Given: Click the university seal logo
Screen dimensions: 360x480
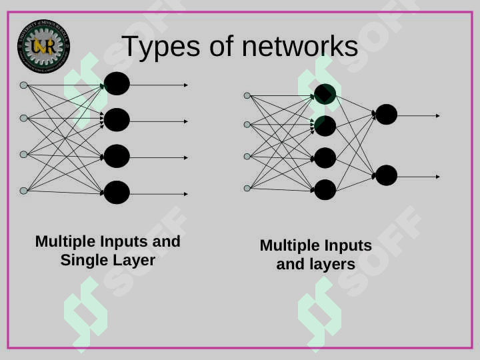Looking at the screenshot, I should (43, 46).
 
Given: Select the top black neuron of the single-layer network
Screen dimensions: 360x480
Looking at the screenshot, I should (117, 84).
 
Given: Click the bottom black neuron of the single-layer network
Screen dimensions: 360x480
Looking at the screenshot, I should (117, 193).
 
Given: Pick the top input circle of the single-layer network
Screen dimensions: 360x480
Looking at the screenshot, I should (24, 85).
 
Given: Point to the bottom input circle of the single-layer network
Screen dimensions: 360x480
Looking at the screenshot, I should (24, 191).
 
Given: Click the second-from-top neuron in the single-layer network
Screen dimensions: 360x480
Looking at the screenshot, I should (117, 120).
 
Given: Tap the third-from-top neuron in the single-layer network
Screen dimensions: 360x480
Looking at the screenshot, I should (117, 156).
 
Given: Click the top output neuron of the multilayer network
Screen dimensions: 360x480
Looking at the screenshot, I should (386, 115).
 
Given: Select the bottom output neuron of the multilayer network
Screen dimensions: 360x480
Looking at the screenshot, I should (386, 175).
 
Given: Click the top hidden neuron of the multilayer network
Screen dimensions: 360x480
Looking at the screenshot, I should (325, 94).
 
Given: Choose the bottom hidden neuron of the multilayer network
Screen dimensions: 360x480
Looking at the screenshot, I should (325, 190).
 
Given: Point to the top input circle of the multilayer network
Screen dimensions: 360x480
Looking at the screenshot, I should (247, 96).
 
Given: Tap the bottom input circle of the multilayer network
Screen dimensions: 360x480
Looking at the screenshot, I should (247, 188).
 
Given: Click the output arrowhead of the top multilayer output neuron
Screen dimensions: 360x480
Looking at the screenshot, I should (438, 116).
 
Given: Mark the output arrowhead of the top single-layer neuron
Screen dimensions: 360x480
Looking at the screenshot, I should (186, 85).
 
